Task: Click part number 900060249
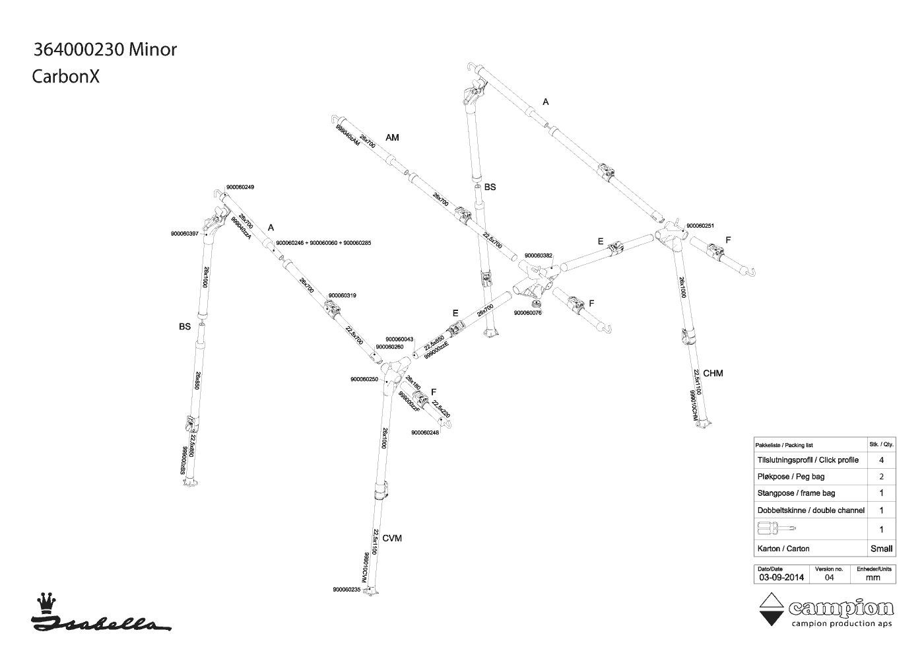coord(240,187)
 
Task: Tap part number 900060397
coord(185,233)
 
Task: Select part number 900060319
coord(343,295)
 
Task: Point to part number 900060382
coord(539,256)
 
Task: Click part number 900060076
coord(528,313)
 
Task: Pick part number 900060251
coord(700,226)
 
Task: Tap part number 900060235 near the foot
coord(347,590)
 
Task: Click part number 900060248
coord(425,433)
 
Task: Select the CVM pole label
coord(392,538)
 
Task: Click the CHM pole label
coord(713,373)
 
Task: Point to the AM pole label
coord(392,137)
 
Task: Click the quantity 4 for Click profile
coord(881,460)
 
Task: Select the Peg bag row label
coord(791,477)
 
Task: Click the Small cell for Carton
coord(881,549)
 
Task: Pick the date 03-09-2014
coord(781,577)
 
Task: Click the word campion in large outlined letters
coord(841,608)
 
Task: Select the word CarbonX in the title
coord(66,77)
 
